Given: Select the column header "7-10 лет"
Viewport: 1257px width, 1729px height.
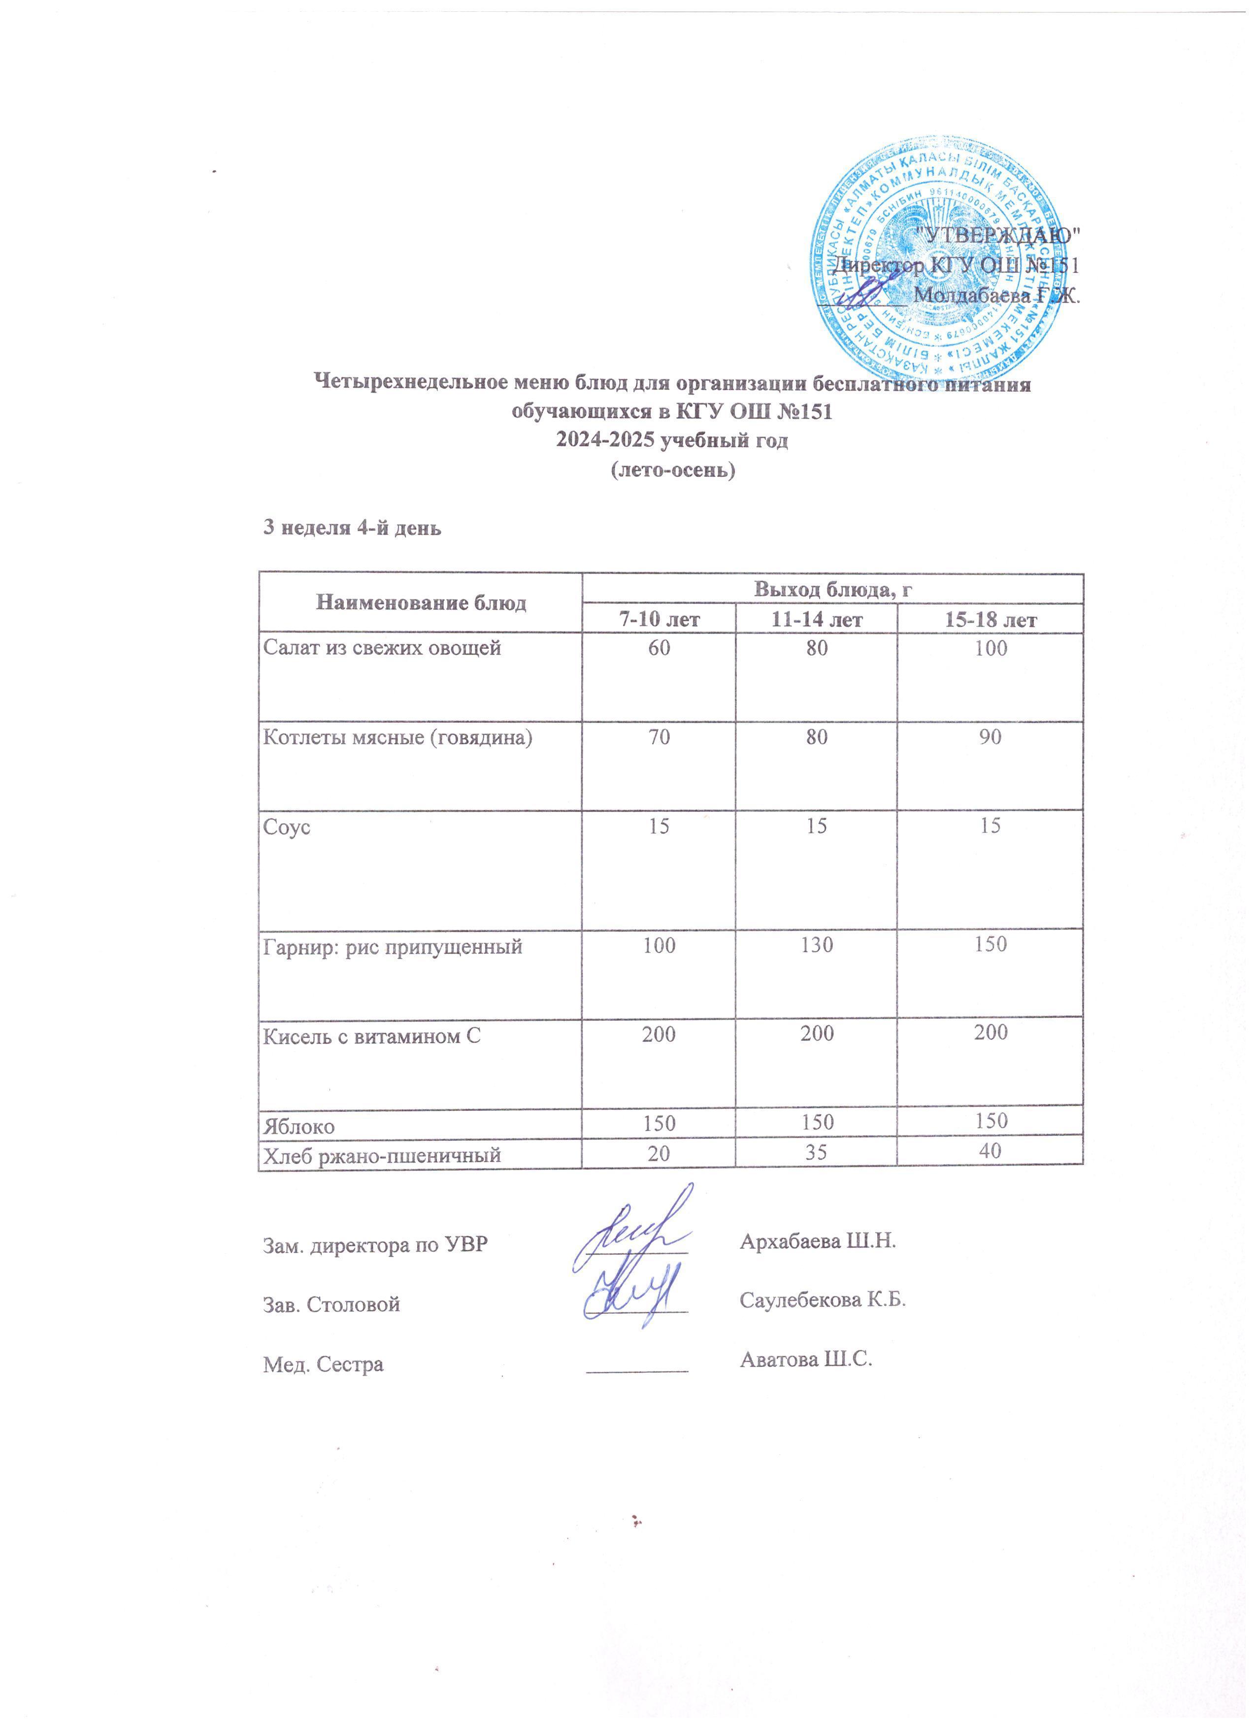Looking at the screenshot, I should (659, 619).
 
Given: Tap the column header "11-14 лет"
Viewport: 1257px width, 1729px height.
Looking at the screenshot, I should (816, 619).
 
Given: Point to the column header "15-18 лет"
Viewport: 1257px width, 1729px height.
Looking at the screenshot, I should (990, 619).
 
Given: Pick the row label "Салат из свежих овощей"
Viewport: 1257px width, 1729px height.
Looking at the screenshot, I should (382, 649).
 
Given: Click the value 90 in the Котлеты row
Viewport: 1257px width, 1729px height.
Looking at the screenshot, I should (990, 737).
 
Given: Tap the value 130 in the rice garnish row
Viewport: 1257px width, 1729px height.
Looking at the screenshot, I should (816, 945).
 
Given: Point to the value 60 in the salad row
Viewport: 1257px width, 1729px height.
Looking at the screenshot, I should (659, 649).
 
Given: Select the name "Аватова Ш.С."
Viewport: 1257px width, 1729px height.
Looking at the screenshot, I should (805, 1359).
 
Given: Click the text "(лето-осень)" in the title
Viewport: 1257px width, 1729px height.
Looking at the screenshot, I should (673, 471).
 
